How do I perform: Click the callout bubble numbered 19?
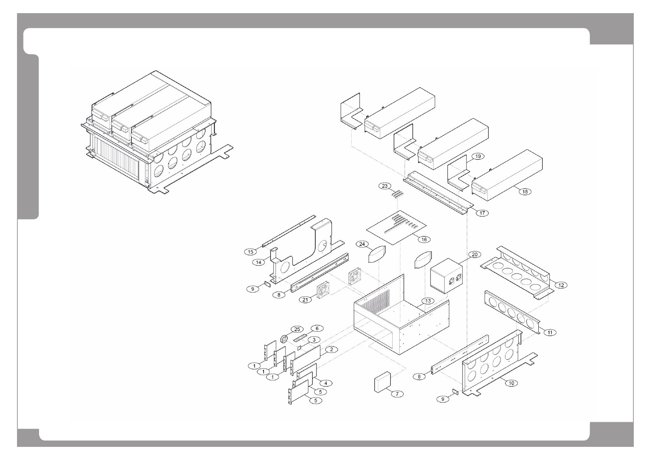point(478,156)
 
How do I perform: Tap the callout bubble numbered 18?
point(525,191)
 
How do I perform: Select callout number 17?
point(482,213)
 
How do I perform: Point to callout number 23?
point(385,186)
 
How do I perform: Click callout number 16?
point(424,239)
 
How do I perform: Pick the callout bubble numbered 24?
point(362,244)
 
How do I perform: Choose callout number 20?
point(475,254)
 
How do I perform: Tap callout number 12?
point(561,285)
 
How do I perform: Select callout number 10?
point(511,383)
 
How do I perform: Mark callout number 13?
point(427,301)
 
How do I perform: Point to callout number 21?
point(306,300)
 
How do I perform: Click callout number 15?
point(250,252)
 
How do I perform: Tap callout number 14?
point(259,262)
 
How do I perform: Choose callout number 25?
point(297,329)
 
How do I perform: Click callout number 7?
point(397,394)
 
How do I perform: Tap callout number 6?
point(317,328)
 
